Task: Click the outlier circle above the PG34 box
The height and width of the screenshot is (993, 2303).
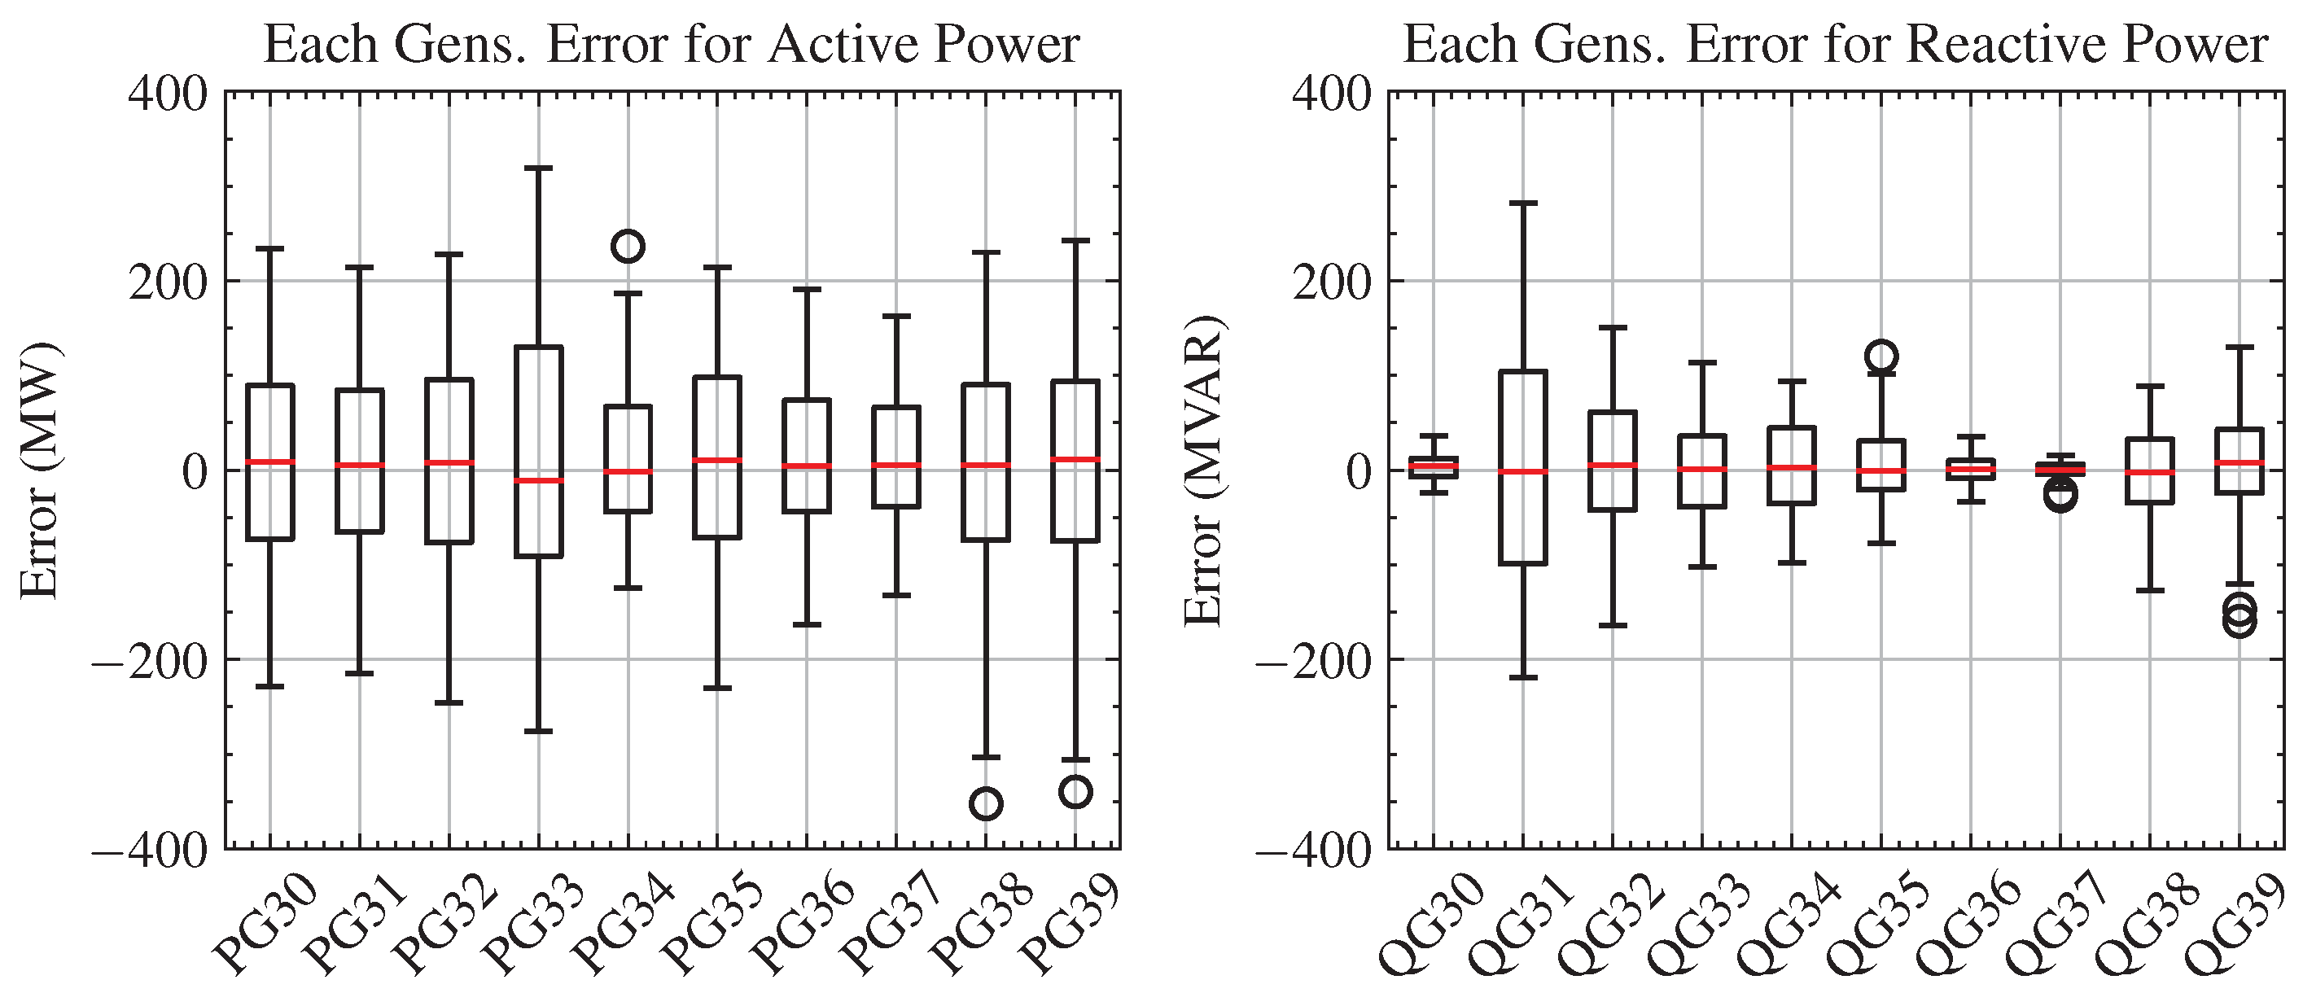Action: [x=628, y=246]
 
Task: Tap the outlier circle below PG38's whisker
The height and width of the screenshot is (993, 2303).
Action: [x=986, y=803]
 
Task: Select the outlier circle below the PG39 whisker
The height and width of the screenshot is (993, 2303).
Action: [x=1075, y=792]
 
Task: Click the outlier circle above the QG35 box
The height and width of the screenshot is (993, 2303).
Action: [x=1882, y=357]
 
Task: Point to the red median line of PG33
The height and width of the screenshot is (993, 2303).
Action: [x=539, y=481]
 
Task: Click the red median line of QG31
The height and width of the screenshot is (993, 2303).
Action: [x=1524, y=471]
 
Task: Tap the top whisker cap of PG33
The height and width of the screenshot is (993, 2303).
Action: [x=539, y=168]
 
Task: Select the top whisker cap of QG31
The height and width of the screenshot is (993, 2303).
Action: [x=1524, y=203]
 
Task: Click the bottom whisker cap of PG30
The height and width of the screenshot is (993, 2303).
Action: [x=271, y=686]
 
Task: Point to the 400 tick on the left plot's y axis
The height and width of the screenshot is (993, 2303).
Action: [x=168, y=93]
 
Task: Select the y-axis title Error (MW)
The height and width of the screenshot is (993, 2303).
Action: [x=40, y=470]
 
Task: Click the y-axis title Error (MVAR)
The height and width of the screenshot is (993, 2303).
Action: [x=1204, y=470]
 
